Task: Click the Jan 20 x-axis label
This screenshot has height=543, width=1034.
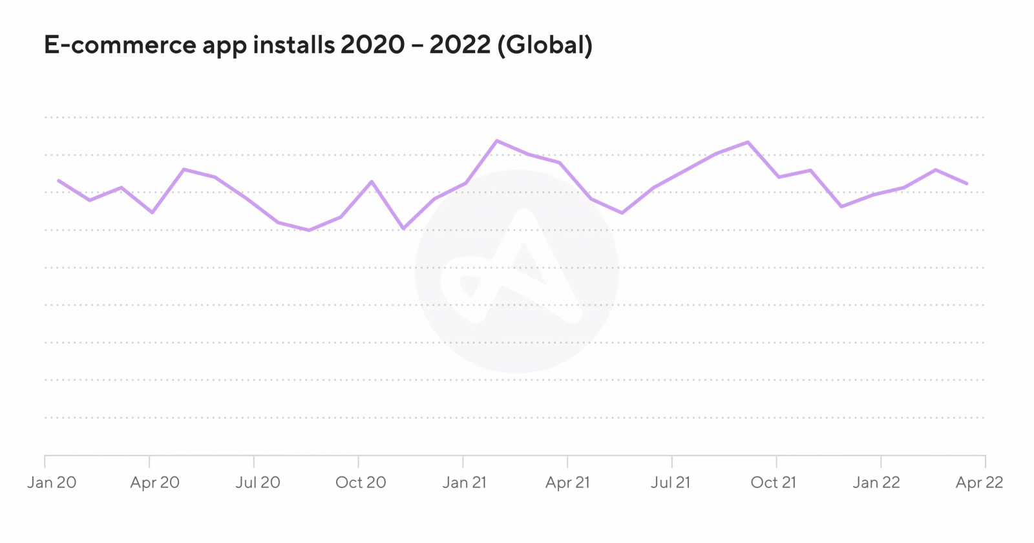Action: [x=52, y=483]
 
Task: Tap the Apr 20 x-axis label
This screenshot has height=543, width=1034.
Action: [x=155, y=483]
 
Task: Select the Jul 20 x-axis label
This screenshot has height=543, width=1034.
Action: [x=258, y=483]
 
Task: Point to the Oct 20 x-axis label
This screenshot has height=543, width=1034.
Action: [x=361, y=483]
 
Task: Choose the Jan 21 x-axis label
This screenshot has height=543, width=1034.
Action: [x=465, y=483]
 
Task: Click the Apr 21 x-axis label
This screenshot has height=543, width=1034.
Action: [x=567, y=483]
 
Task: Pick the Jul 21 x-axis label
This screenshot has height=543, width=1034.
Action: [x=670, y=483]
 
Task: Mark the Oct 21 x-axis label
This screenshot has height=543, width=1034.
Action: [x=774, y=483]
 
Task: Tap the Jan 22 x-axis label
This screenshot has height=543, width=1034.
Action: [x=876, y=483]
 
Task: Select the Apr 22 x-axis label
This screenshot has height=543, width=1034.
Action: [x=980, y=483]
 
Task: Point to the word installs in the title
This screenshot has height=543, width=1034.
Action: [x=294, y=45]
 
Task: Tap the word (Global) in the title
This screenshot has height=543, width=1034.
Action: [x=545, y=45]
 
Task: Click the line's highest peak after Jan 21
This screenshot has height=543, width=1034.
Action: [x=496, y=140]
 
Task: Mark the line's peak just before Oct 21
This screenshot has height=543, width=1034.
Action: [x=748, y=142]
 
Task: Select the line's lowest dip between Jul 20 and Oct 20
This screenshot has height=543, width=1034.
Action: [x=309, y=230]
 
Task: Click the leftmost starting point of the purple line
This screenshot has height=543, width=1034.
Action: [x=59, y=180]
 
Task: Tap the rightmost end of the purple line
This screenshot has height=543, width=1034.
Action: [x=967, y=184]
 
